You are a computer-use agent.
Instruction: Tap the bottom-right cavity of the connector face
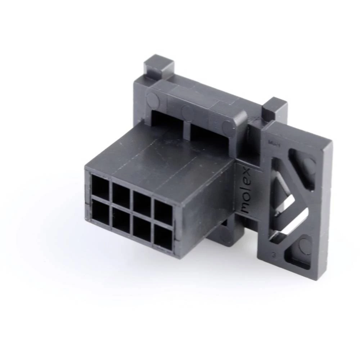click(163, 237)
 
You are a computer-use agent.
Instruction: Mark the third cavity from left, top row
click(143, 203)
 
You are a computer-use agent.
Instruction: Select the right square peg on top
click(275, 108)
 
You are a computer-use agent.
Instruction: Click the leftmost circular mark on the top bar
click(153, 99)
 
